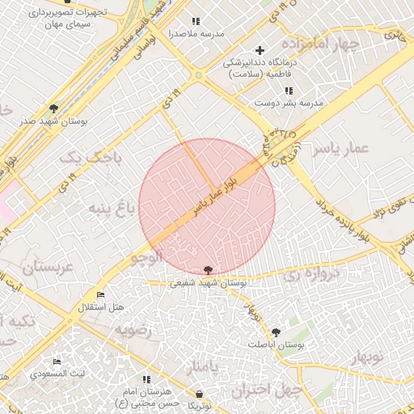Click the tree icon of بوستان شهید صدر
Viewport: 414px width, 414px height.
click(54, 108)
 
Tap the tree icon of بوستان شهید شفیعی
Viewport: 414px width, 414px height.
click(209, 270)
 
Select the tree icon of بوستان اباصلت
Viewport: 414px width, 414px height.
click(277, 332)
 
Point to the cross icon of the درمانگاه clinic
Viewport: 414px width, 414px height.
click(260, 50)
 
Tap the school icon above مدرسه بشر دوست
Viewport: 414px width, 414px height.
click(289, 91)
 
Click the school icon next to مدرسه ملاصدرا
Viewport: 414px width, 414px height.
click(194, 21)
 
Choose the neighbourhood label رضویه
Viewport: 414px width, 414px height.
click(133, 330)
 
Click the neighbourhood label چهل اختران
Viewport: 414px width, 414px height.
click(267, 390)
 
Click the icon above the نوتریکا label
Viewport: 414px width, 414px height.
click(196, 395)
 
